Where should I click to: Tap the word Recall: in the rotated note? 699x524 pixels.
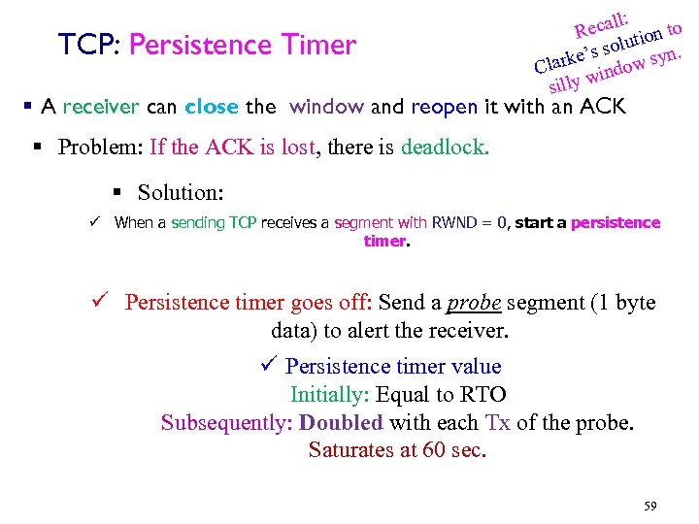click(603, 21)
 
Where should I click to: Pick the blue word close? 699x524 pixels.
click(211, 107)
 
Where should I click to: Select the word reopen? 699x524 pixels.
click(444, 108)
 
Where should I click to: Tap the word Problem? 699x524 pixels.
click(100, 147)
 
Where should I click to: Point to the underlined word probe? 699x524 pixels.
click(474, 303)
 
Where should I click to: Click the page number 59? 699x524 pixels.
click(649, 507)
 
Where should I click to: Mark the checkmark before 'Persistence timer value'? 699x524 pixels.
click(269, 367)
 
